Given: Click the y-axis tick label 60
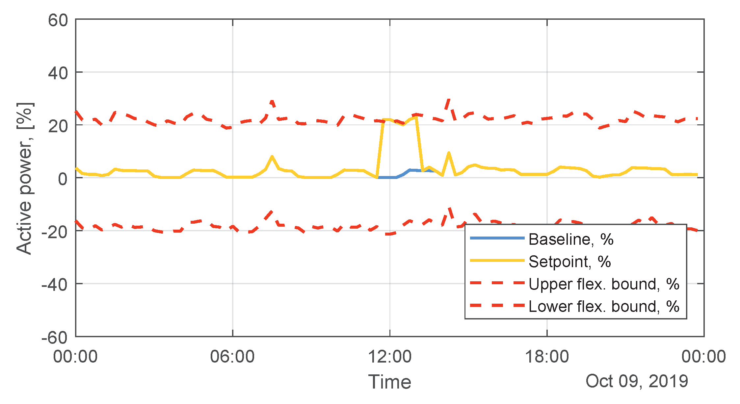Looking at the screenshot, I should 58,20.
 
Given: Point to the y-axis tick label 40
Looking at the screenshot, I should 58,73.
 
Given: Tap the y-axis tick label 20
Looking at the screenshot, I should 58,126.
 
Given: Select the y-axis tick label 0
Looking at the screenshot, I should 63,179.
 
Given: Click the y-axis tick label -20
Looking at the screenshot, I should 54,232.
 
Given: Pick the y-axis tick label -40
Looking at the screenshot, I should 54,285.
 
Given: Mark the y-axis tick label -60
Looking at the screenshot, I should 54,338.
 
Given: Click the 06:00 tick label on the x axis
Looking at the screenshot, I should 232,357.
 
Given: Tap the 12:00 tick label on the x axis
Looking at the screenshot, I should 390,357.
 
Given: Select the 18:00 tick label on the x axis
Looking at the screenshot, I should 547,357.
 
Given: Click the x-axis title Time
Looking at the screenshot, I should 390,382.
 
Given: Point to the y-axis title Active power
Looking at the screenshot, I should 25,178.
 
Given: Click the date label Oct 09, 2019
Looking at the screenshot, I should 637,381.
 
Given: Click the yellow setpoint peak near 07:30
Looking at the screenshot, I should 272,157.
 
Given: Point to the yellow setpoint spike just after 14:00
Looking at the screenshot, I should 449,153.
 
